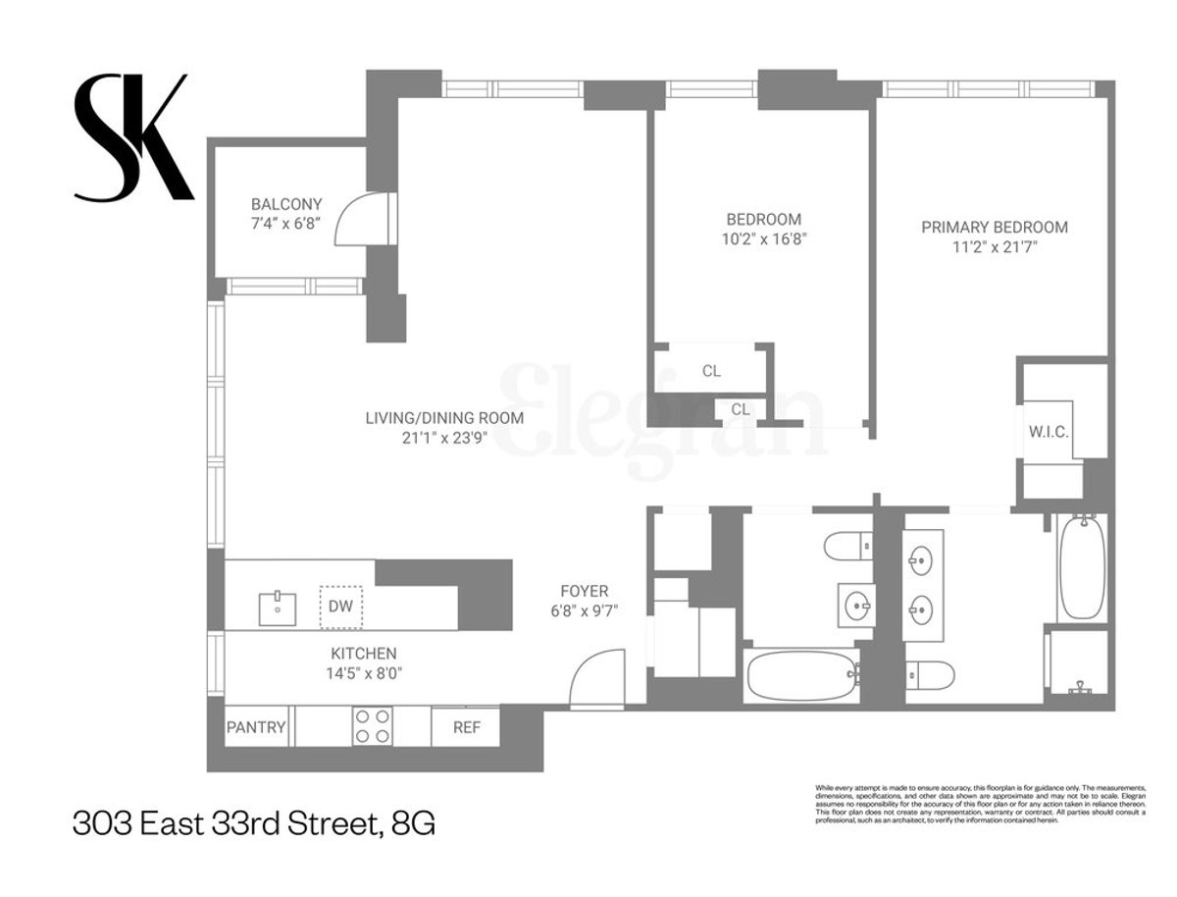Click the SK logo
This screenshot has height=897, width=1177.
(133, 138)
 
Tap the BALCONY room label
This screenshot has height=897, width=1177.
(286, 204)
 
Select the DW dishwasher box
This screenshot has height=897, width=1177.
(340, 606)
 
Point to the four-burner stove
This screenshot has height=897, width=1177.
(373, 726)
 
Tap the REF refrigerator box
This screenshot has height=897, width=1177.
(465, 727)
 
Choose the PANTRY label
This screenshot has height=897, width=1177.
(256, 727)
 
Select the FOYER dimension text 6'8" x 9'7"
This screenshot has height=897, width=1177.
(585, 610)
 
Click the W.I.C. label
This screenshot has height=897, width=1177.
(1049, 432)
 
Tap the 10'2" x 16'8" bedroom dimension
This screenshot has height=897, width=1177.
(763, 237)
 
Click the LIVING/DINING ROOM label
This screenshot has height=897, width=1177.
(444, 417)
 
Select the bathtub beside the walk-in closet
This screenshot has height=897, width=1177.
(1082, 566)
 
